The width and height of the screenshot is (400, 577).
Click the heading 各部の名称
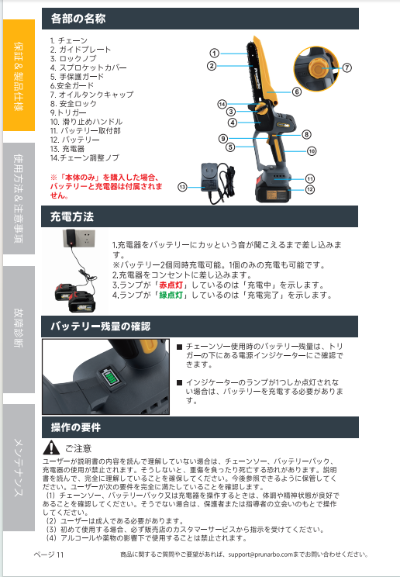78,19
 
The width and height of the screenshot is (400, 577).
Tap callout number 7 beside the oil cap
347,67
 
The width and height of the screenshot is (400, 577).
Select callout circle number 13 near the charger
182,188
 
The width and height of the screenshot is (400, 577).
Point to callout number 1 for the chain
214,54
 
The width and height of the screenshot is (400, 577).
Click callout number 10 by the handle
312,151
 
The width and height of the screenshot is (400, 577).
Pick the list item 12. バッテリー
74,140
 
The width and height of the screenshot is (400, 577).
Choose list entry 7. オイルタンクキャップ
92,95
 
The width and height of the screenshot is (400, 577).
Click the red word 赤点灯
171,285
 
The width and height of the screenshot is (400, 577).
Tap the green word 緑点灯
171,295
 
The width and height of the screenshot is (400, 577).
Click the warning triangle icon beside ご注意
51,447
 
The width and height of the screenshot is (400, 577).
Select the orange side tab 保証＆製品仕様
19,75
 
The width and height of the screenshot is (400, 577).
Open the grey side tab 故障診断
19,329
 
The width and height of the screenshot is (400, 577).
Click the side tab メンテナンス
19,468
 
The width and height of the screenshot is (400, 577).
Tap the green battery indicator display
110,378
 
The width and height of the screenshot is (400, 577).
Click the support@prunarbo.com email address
260,555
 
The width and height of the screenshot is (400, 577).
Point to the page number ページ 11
49,555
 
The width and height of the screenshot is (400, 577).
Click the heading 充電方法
72,216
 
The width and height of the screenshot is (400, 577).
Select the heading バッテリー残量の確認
101,327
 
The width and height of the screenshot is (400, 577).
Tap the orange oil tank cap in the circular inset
316,68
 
